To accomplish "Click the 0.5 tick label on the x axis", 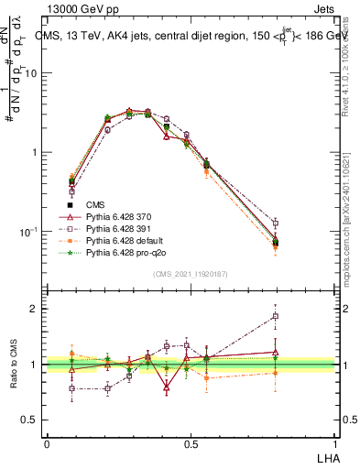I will pyautogui.click(x=190, y=443).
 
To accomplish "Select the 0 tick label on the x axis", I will pyautogui.click(x=46, y=443).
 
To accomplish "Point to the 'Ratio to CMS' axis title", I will pyautogui.click(x=14, y=365).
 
